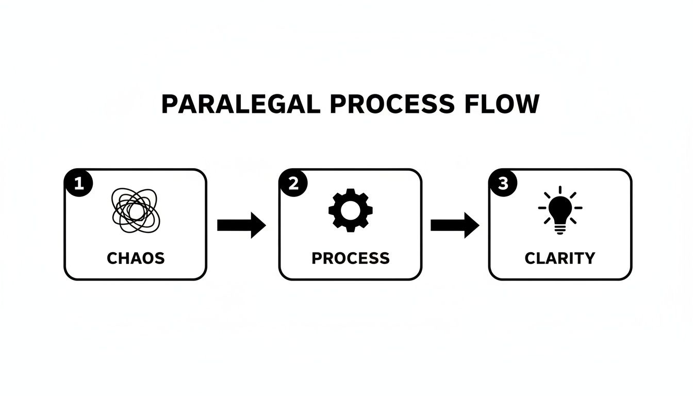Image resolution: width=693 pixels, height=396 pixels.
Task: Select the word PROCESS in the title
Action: (x=392, y=104)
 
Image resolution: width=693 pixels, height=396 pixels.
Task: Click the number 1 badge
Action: (x=78, y=184)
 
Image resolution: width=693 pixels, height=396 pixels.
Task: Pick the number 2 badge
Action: (x=293, y=184)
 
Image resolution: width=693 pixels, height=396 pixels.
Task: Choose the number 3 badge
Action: (x=503, y=184)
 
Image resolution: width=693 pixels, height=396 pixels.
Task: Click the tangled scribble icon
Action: (x=136, y=210)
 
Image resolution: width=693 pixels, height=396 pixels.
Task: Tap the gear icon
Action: (x=351, y=209)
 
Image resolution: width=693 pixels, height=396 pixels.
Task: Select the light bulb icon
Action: (x=560, y=211)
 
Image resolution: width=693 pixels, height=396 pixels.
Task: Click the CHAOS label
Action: (x=136, y=258)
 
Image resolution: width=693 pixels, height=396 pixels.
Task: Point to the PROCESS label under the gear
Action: (x=351, y=258)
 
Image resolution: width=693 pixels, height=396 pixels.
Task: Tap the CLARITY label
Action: (x=560, y=258)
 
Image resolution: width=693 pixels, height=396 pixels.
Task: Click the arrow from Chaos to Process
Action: (x=241, y=225)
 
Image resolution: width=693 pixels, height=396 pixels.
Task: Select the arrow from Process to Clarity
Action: (x=454, y=225)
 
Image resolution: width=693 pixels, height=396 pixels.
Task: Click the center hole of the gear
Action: (x=351, y=210)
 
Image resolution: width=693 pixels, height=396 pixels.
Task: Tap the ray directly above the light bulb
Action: (x=560, y=190)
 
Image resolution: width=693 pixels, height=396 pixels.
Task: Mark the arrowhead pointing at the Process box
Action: (x=257, y=225)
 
